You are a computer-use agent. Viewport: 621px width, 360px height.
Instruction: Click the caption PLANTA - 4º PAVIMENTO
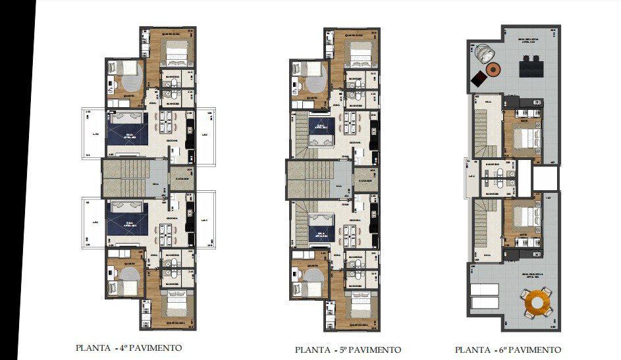pyautogui.click(x=128, y=347)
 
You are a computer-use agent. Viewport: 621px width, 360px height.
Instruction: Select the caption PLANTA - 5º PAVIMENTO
pyautogui.click(x=348, y=349)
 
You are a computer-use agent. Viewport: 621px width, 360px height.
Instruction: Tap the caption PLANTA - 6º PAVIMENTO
pyautogui.click(x=508, y=349)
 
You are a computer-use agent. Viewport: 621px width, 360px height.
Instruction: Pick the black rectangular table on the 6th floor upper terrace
pyautogui.click(x=530, y=66)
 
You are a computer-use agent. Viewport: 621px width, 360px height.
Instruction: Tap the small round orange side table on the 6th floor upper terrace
pyautogui.click(x=493, y=69)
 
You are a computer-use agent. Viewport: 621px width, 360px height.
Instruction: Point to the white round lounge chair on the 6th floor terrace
pyautogui.click(x=483, y=51)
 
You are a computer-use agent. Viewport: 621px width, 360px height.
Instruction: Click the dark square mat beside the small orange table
pyautogui.click(x=479, y=79)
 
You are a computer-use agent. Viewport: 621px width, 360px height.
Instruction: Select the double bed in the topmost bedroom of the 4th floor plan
pyautogui.click(x=175, y=51)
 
